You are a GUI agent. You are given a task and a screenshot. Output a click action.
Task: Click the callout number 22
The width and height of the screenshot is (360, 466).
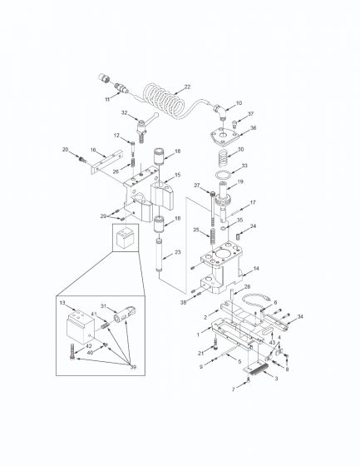coord(188,87)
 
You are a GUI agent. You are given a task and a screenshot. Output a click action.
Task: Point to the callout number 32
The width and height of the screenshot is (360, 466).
coord(124,112)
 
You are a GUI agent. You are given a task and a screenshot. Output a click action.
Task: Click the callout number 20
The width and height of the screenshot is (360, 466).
coord(64,149)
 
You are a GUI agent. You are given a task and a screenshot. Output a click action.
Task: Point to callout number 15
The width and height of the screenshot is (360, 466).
coord(176,175)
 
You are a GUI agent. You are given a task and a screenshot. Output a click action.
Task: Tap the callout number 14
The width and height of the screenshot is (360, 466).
coord(256,268)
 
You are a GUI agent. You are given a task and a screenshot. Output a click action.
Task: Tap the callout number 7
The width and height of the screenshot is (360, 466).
coord(234,389)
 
